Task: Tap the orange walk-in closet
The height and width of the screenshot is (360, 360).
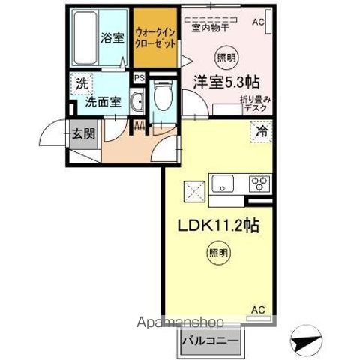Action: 155,38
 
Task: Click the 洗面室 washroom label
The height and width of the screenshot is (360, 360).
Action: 102,102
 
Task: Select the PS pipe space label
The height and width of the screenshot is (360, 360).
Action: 139,76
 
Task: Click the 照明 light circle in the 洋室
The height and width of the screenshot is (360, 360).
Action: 225,57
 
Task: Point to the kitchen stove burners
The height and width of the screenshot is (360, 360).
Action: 259,182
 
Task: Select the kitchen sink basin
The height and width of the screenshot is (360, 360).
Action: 223,182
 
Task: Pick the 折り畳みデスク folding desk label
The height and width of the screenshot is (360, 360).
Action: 250,104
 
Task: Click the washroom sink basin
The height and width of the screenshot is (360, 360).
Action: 136,103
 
